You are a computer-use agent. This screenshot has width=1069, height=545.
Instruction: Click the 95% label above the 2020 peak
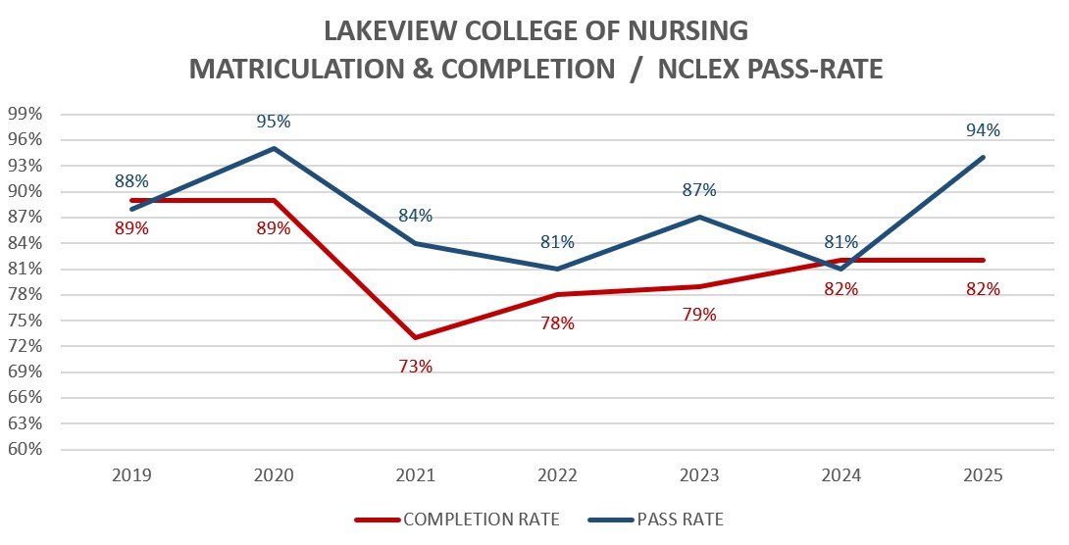click(274, 122)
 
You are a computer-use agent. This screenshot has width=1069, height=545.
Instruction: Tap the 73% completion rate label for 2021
click(416, 367)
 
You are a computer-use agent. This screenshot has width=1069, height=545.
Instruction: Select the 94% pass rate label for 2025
click(983, 130)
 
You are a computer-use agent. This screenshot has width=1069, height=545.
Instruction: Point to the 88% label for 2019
click(131, 181)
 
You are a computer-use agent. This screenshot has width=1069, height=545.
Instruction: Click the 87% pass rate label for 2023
click(699, 190)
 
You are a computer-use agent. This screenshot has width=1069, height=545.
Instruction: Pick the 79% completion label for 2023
click(699, 315)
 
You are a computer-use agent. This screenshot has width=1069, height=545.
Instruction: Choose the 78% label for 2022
click(557, 322)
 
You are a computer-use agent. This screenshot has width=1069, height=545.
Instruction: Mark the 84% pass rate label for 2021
click(416, 216)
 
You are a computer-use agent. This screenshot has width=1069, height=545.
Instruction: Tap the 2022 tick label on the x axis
click(557, 475)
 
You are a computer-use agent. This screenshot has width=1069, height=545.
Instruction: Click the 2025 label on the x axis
click(983, 475)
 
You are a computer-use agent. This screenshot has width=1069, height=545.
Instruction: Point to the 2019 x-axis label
click(131, 475)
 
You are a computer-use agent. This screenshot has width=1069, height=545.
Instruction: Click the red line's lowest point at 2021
click(416, 337)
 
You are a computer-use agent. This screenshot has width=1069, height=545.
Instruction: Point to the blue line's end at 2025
click(983, 157)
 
